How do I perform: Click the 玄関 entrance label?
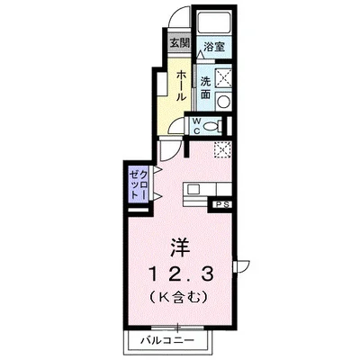179,42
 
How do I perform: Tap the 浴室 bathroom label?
213,47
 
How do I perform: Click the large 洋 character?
179,246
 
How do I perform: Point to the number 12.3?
179,273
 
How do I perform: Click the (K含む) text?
179,299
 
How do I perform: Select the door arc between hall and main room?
169,148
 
